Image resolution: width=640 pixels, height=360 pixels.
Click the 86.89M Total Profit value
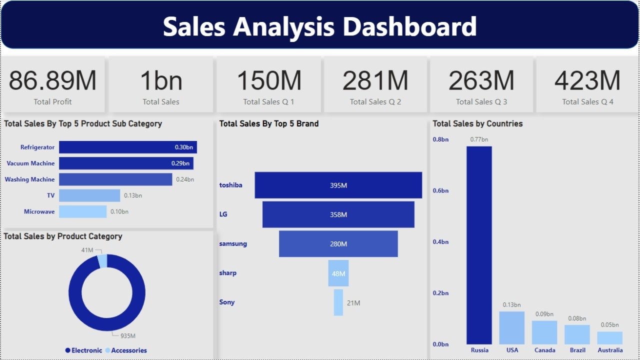(52, 80)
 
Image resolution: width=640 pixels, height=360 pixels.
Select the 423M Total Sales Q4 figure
(587, 80)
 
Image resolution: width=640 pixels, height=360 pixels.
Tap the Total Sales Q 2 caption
(375, 101)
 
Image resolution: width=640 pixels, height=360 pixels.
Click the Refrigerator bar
(127, 147)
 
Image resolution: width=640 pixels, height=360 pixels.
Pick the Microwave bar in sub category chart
(82, 211)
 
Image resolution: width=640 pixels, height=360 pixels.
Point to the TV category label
(50, 195)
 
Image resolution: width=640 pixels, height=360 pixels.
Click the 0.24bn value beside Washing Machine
(185, 179)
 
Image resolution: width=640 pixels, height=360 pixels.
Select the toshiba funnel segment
(338, 185)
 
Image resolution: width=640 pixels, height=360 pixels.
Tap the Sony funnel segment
(338, 302)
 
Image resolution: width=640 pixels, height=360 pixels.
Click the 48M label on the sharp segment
(338, 273)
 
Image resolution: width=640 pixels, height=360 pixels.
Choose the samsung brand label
(233, 243)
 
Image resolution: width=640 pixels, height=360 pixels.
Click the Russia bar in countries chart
(479, 245)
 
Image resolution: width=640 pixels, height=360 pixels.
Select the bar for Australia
(610, 338)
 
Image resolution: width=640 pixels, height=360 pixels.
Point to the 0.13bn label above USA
(511, 304)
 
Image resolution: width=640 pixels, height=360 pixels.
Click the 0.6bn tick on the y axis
(440, 190)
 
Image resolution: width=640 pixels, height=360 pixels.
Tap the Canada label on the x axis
(544, 350)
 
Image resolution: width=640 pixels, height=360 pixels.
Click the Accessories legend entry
(128, 350)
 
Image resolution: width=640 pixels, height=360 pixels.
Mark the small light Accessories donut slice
(102, 261)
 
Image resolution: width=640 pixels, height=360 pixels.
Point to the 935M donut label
(128, 336)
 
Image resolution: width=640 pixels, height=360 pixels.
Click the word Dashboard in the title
(409, 26)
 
